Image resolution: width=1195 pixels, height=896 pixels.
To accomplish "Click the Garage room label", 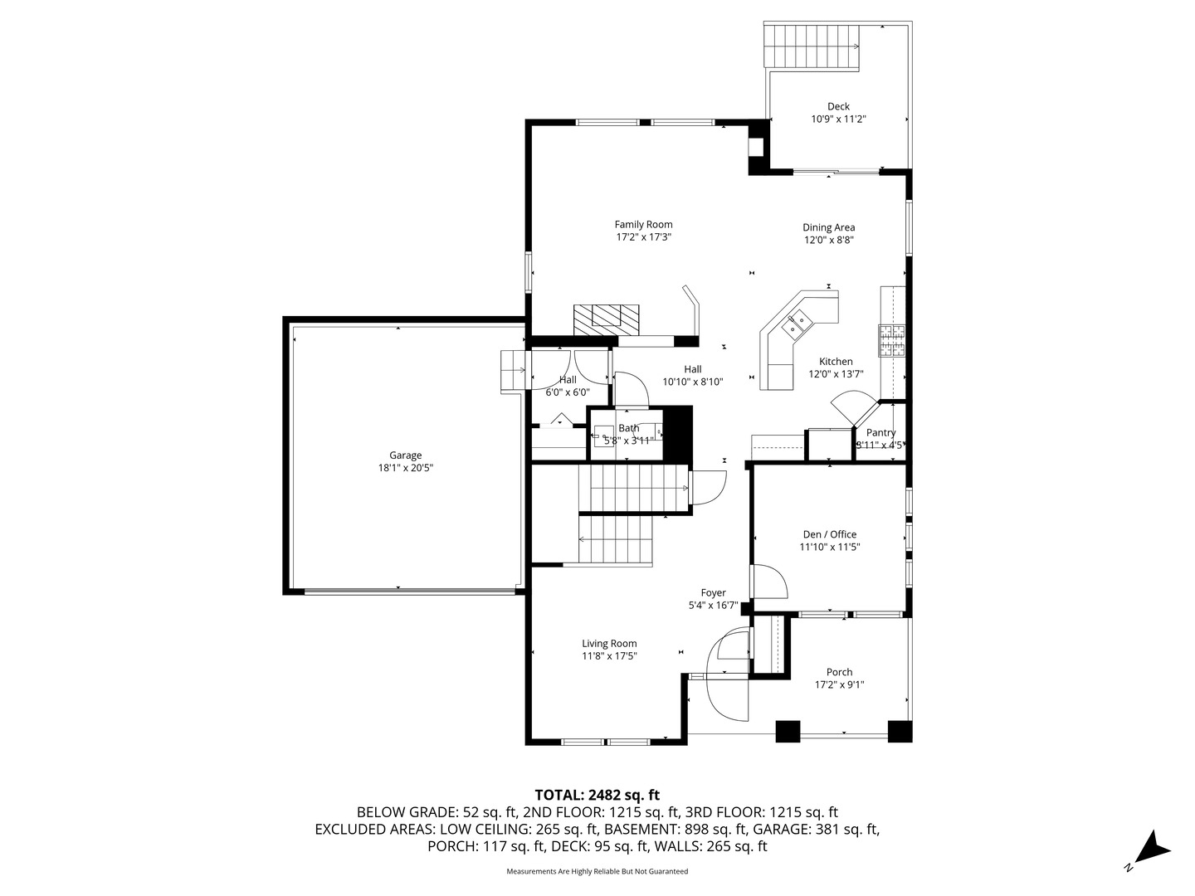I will (x=406, y=455).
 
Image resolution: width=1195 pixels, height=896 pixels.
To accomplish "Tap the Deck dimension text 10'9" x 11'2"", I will (x=838, y=119).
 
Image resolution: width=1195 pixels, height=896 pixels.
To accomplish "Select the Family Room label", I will (x=643, y=224).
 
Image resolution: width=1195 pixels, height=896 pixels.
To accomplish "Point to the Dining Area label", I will (x=828, y=227).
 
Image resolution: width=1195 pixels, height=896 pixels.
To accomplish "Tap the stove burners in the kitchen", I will (x=892, y=340).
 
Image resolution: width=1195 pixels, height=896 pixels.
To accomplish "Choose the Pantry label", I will (x=880, y=432).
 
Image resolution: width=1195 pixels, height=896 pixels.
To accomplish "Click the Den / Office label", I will (x=829, y=534).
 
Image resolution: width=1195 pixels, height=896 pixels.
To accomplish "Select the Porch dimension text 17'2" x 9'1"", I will (x=839, y=685).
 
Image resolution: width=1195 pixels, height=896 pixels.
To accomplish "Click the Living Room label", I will (x=609, y=643).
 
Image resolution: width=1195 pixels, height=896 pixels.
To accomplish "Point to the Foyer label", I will (x=713, y=592).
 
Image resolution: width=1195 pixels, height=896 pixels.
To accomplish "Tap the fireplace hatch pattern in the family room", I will (x=607, y=319).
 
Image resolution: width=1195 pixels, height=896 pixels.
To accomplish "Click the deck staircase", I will (x=812, y=46).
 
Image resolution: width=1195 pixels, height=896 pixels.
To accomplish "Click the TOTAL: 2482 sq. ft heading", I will (x=597, y=795).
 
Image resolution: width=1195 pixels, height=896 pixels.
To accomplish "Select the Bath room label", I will (x=628, y=428).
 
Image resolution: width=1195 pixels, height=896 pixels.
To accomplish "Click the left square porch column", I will (x=788, y=731).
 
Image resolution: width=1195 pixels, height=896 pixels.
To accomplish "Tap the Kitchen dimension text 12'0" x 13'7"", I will (x=836, y=374).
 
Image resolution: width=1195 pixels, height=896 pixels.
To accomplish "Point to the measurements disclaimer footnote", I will (x=597, y=871).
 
